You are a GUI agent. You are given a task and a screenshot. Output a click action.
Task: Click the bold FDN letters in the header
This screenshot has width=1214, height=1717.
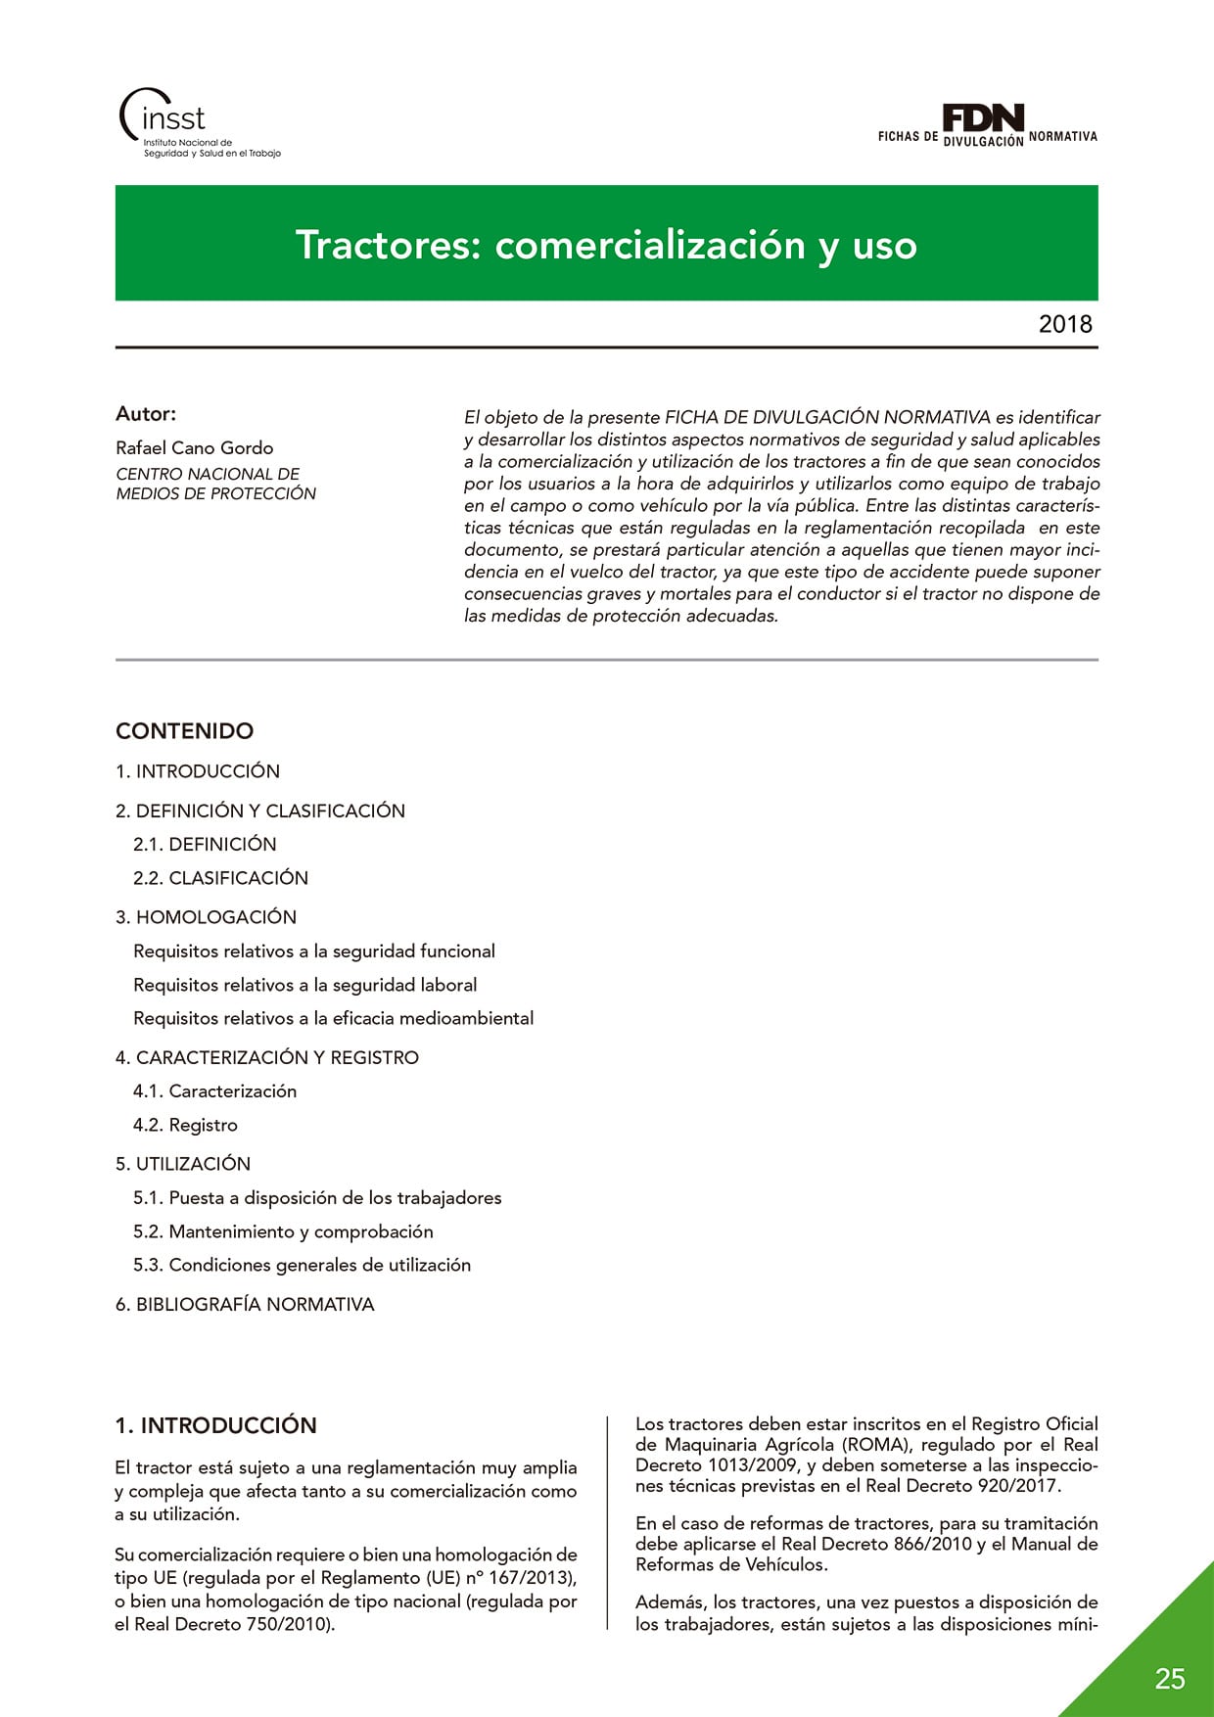(x=983, y=117)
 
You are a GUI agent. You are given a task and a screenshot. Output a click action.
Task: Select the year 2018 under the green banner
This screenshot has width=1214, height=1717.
(x=1064, y=324)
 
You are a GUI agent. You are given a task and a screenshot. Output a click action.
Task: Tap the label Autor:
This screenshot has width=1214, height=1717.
(x=146, y=413)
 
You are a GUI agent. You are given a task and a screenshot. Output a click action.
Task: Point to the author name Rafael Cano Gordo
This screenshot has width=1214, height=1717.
(x=194, y=447)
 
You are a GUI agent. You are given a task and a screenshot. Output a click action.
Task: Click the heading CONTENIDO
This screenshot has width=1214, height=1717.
(x=184, y=730)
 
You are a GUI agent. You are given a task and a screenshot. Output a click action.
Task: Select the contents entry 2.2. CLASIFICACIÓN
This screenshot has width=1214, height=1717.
(x=220, y=878)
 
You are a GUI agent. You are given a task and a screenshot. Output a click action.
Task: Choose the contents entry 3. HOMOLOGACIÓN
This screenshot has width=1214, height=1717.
(x=206, y=917)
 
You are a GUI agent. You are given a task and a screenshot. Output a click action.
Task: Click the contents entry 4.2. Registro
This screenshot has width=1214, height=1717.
(x=185, y=1125)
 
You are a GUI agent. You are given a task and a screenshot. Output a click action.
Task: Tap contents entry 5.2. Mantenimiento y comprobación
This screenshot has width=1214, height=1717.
(x=283, y=1231)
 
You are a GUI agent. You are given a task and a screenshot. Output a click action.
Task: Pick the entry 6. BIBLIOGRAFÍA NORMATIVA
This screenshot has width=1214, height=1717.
(x=245, y=1304)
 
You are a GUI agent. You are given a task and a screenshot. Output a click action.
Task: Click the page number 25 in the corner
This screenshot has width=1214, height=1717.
(x=1169, y=1679)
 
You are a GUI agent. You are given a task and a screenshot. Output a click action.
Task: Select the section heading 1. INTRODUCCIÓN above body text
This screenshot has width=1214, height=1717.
(x=215, y=1425)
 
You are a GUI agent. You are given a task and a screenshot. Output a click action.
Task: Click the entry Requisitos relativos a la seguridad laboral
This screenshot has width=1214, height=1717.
(x=305, y=985)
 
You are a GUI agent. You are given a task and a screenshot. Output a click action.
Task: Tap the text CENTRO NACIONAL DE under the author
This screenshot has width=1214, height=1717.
(x=208, y=474)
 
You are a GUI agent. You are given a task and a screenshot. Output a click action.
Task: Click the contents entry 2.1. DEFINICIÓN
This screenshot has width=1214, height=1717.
(x=205, y=844)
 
